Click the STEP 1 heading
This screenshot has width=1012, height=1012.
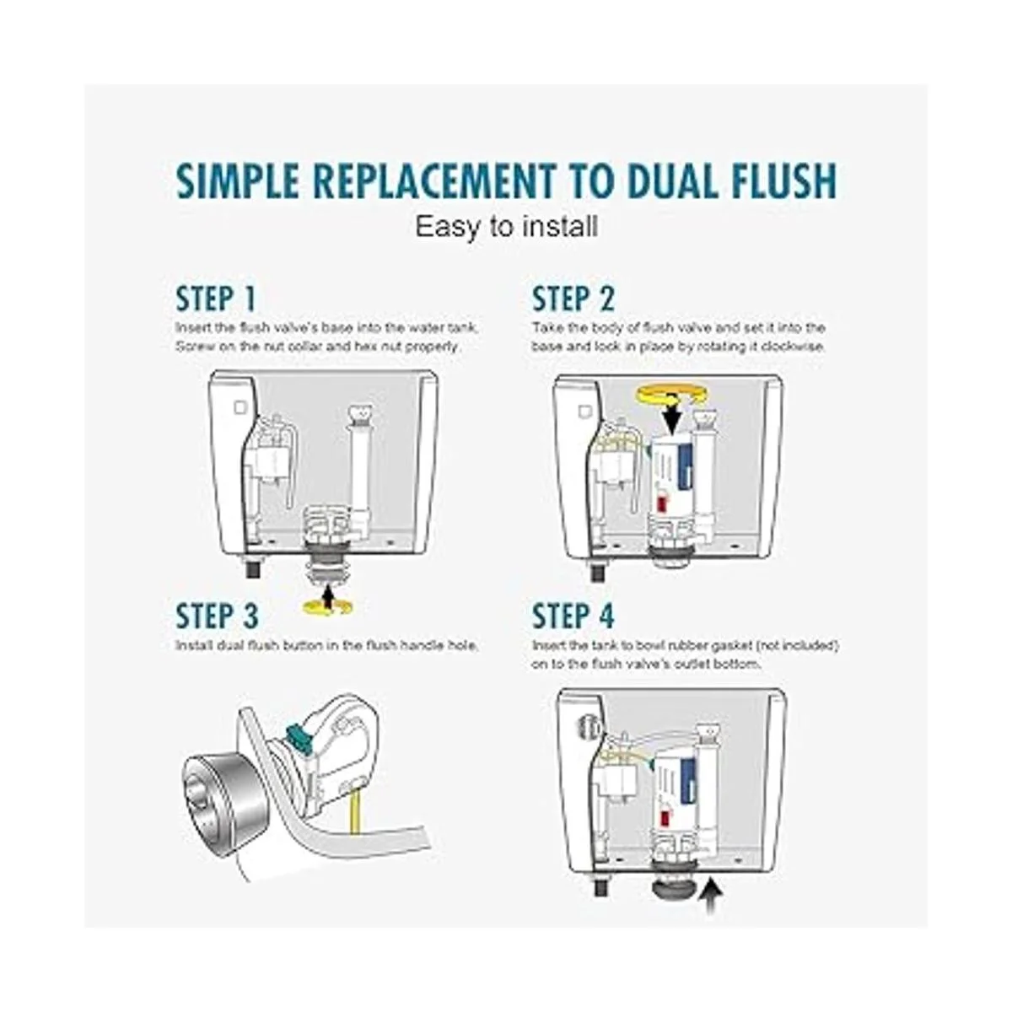point(216,299)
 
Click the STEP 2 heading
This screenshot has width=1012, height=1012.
point(573,299)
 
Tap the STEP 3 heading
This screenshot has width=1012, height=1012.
point(217,616)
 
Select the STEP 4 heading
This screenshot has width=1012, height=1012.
point(573,616)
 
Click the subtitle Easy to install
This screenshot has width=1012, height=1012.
point(506,227)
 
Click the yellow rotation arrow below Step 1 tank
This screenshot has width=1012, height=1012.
point(328,607)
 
